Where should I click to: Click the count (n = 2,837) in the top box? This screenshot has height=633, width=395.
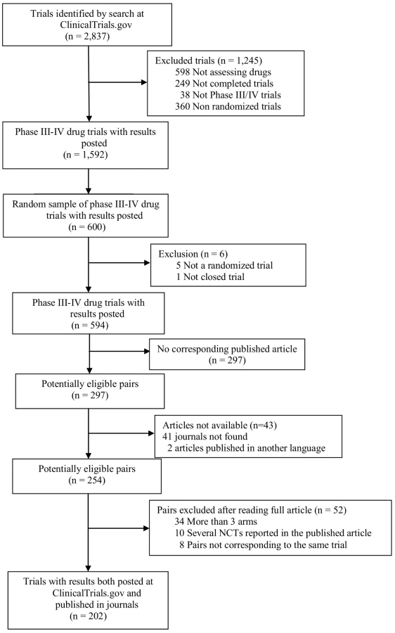[87, 37]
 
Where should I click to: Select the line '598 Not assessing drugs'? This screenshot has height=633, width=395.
[223, 72]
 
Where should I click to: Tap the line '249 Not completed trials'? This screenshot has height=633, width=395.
[224, 84]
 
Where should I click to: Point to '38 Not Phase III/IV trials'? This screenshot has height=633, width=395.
[231, 95]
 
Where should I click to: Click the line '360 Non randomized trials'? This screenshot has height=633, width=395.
[228, 107]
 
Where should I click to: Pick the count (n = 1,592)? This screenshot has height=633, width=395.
[86, 155]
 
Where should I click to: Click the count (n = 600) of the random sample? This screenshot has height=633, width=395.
[87, 227]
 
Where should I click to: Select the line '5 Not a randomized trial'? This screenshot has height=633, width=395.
[224, 265]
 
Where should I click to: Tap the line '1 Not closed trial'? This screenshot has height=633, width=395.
[210, 276]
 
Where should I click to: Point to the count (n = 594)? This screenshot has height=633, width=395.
[89, 326]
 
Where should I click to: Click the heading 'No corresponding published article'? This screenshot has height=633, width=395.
[227, 349]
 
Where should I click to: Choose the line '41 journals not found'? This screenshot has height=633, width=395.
[205, 436]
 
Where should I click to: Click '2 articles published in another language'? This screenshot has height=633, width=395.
[246, 448]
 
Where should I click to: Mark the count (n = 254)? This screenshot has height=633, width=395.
[86, 480]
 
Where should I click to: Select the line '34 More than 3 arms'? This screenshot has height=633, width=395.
[216, 522]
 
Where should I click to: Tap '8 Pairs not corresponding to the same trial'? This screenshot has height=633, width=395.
[263, 545]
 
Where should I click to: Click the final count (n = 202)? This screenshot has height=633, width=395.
[88, 616]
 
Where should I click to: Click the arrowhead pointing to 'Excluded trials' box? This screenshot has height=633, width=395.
[144, 82]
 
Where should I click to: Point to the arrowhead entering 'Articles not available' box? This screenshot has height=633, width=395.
[152, 433]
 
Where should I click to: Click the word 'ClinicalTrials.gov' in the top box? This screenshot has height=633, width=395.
[96, 25]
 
